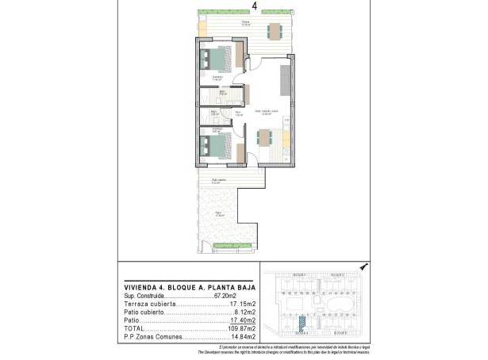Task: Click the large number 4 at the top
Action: [254, 6]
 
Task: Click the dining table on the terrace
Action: [275, 32]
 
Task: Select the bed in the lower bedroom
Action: [216, 147]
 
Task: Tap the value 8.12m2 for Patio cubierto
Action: [244, 312]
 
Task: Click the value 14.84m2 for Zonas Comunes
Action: [242, 337]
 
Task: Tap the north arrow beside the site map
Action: [363, 267]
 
